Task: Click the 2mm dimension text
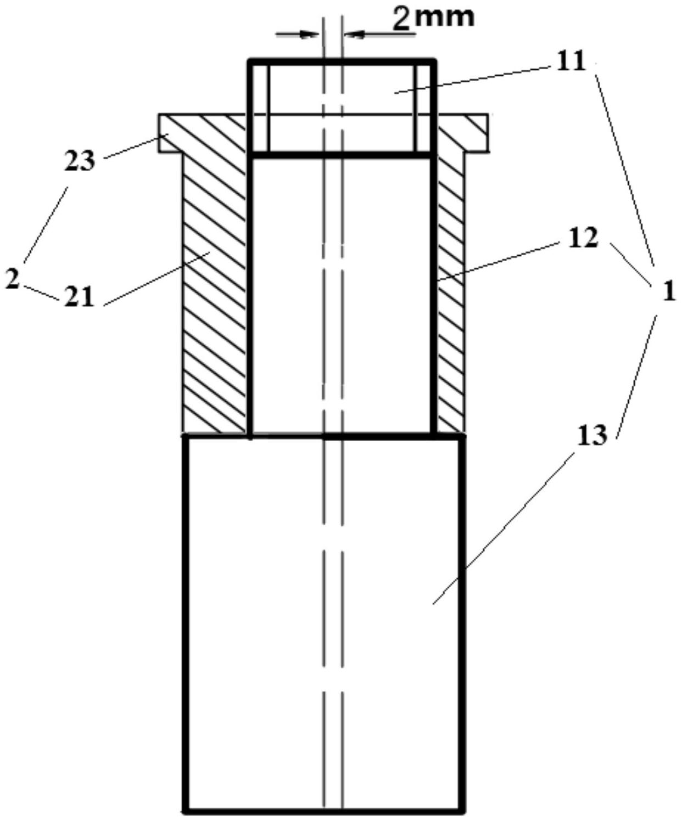point(433,19)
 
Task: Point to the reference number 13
point(591,436)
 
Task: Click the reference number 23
point(80,161)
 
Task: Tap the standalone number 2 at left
point(12,279)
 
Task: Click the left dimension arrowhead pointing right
point(309,35)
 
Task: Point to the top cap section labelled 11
point(341,108)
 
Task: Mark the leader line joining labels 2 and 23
point(46,224)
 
